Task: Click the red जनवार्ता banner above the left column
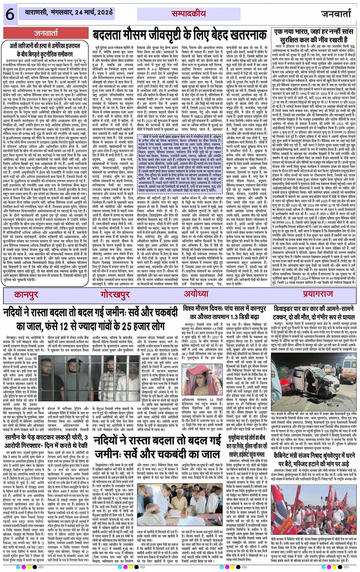point(46,34)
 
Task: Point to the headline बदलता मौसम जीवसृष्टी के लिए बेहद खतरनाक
point(181,36)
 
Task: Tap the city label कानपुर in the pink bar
point(26,294)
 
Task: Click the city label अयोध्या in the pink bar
point(196,294)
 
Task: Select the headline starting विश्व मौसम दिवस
point(224,312)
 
